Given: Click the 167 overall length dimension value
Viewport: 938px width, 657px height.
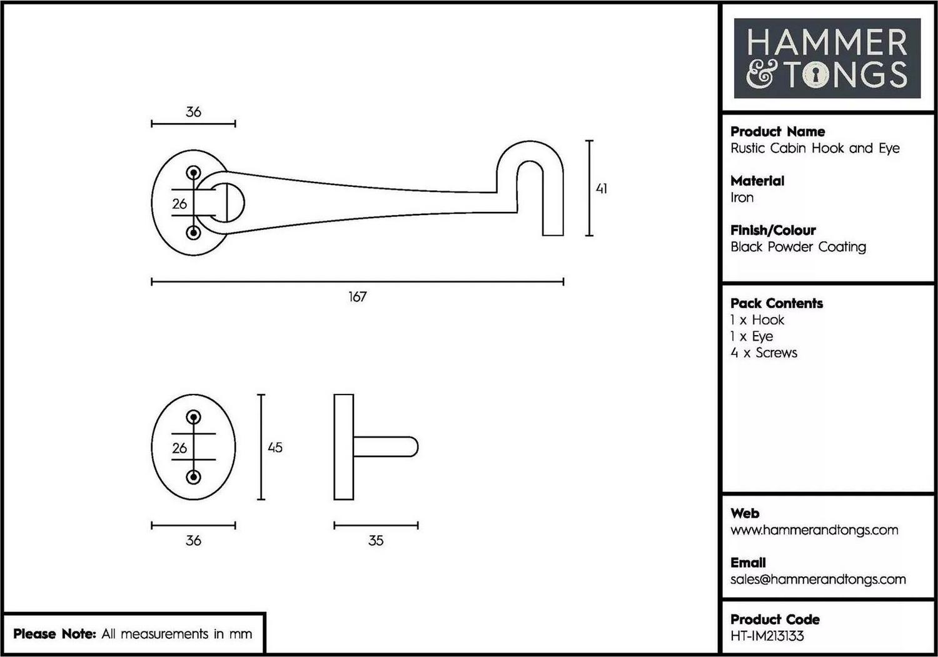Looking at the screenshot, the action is (357, 297).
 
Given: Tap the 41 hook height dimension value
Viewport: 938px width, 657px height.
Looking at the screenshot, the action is (602, 189).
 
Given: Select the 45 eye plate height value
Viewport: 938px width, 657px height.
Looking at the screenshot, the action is (275, 448).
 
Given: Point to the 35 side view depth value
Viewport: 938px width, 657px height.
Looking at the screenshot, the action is (376, 541).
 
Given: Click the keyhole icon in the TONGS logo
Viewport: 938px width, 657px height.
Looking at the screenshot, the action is (815, 75).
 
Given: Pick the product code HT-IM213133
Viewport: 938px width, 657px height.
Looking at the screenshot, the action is (767, 636).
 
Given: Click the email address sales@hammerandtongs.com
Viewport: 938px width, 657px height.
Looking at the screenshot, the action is (818, 579).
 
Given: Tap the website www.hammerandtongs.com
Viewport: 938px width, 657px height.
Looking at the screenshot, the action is (814, 530).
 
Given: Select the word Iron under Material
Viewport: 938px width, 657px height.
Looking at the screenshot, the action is (742, 198).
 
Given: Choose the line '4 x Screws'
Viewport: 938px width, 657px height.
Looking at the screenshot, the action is (764, 353).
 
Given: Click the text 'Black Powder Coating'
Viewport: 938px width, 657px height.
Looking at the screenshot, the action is (798, 247).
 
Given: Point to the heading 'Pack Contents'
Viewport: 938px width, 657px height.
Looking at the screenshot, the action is (777, 303).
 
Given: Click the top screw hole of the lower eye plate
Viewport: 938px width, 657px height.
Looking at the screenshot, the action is (193, 417).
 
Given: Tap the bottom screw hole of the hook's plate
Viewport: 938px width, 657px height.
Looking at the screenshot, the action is (193, 233).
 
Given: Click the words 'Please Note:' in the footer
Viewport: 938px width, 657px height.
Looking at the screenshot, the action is (55, 633).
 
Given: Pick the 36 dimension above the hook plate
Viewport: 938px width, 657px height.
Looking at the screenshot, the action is (193, 112).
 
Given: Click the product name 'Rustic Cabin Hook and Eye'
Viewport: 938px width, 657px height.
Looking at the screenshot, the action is (815, 148).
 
